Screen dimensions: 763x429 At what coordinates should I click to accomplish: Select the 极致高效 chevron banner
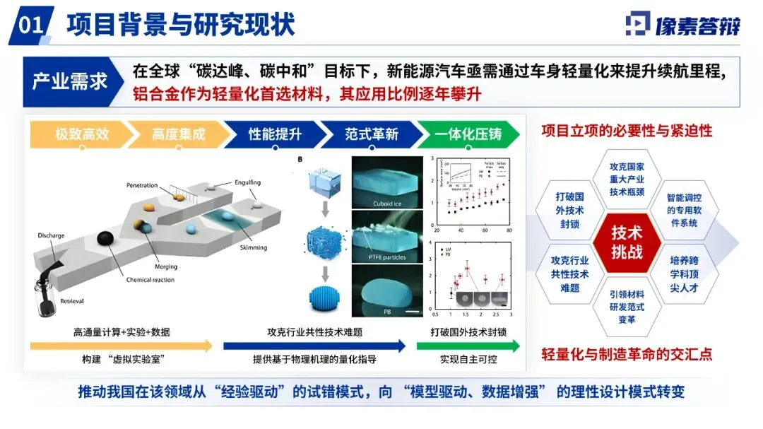[x=80, y=134]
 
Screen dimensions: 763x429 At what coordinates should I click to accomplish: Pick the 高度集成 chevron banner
[x=176, y=134]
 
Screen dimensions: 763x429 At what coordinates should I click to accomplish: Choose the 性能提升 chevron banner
[x=273, y=134]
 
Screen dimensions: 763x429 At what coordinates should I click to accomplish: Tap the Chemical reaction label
[x=150, y=280]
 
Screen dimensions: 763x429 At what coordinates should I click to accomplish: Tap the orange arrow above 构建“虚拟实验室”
[x=121, y=346]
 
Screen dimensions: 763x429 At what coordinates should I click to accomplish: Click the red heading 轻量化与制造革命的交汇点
[x=627, y=353]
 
